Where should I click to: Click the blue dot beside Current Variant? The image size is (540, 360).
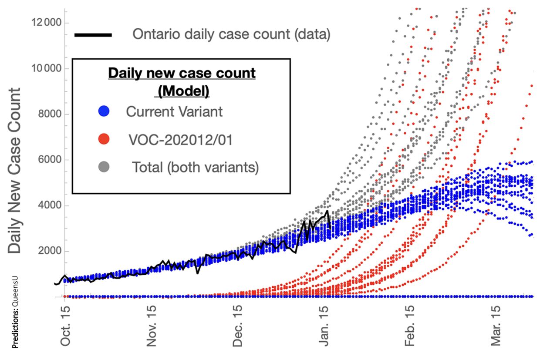[x=104, y=111]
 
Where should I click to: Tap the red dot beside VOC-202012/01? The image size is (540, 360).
[x=104, y=139]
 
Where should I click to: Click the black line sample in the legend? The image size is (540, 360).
[x=93, y=34]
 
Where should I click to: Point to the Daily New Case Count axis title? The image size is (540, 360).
[x=15, y=171]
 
